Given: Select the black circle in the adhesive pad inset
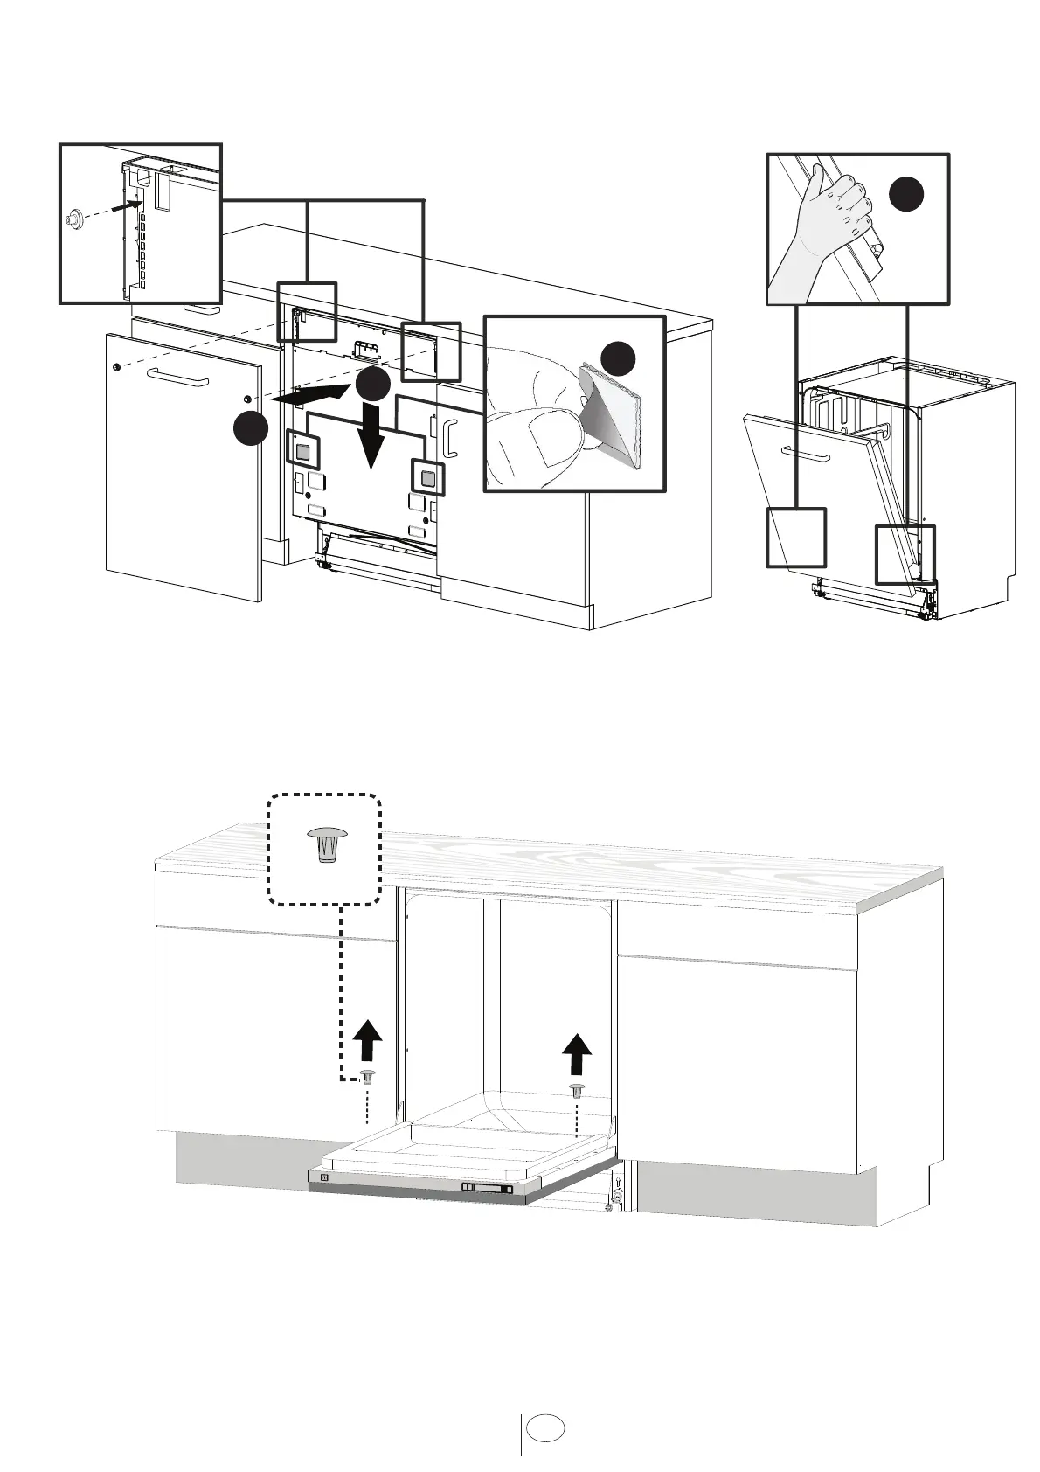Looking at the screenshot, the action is pos(620,359).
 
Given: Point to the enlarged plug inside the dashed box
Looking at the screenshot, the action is pos(325,844).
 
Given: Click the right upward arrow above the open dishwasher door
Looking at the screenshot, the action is pos(575,1053).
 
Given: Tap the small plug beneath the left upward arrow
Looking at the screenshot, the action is pos(368,1076).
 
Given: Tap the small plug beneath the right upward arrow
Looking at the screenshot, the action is pos(577,1090).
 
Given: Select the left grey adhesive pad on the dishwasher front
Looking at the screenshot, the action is pos(303,451).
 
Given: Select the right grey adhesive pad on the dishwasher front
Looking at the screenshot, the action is pos(427,478).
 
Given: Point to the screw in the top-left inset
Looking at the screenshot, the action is pos(74,219).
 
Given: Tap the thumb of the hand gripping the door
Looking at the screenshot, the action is pos(814,179).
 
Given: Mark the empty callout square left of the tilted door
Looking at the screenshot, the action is pos(796,537).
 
